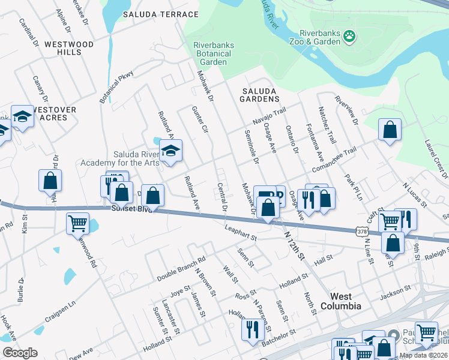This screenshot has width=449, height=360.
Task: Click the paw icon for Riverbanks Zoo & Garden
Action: [349, 38]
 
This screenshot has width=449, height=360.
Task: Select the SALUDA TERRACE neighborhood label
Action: [160, 14]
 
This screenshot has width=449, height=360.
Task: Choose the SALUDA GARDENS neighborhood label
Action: [261, 94]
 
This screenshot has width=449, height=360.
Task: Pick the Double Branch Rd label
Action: [181, 269]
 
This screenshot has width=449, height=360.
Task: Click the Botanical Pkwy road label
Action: [116, 86]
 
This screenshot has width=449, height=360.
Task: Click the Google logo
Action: [20, 353]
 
